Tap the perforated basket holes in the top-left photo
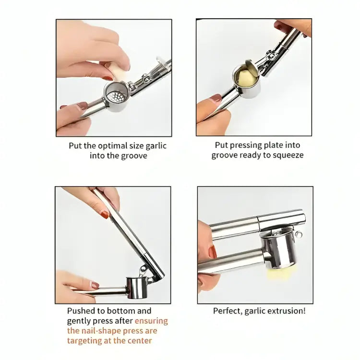pyautogui.click(x=116, y=96)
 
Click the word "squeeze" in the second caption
pyautogui.click(x=287, y=155)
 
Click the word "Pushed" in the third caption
pyautogui.click(x=82, y=311)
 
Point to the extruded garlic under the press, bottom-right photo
pyautogui.click(x=275, y=276)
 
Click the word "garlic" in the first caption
pyautogui.click(x=155, y=145)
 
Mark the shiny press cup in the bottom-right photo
pyautogui.click(x=281, y=250)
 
